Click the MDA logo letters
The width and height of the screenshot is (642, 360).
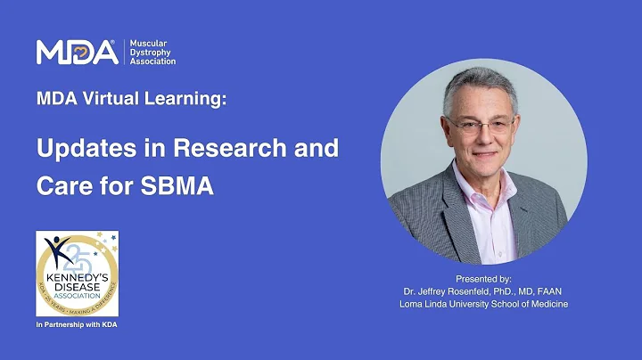77,53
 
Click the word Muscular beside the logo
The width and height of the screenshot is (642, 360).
149,43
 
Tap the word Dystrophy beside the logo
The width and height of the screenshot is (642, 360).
152,52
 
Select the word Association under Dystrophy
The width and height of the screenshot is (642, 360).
153,61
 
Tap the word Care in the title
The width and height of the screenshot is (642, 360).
62,188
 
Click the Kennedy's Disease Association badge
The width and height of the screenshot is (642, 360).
78,274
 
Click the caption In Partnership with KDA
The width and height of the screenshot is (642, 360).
77,324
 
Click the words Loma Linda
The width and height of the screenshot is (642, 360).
424,304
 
